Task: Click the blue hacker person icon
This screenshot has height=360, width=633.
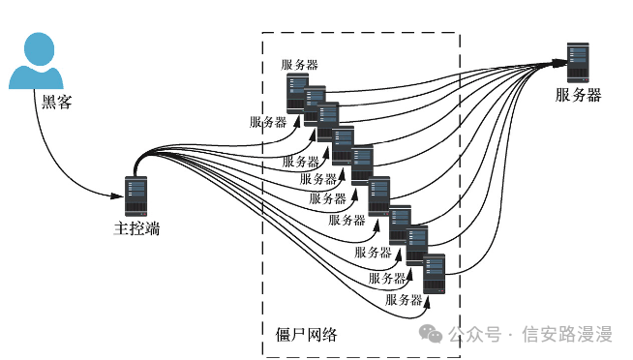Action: click(37, 61)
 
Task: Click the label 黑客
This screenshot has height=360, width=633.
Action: click(56, 102)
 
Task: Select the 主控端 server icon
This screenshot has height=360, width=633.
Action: click(136, 196)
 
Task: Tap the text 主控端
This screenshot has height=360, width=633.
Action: click(136, 228)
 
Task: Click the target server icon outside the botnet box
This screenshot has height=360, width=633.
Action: click(578, 63)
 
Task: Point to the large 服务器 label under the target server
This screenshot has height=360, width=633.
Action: click(579, 95)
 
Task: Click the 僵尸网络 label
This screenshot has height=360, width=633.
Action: click(306, 335)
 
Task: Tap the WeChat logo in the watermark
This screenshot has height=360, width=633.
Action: click(431, 333)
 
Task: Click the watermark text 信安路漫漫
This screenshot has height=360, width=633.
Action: click(567, 334)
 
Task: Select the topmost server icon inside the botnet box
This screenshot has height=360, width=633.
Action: click(297, 93)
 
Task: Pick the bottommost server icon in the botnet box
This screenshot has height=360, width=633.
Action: click(434, 274)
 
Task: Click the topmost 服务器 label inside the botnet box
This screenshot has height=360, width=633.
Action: click(299, 65)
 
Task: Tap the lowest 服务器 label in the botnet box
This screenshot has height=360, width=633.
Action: click(404, 299)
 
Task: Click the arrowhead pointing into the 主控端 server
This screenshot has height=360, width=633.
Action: click(117, 196)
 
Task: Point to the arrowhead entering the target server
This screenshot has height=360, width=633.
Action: click(560, 63)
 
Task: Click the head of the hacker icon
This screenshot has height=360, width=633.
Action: click(39, 48)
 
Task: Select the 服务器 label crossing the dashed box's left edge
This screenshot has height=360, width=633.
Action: click(268, 122)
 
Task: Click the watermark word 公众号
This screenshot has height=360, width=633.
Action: click(474, 334)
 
